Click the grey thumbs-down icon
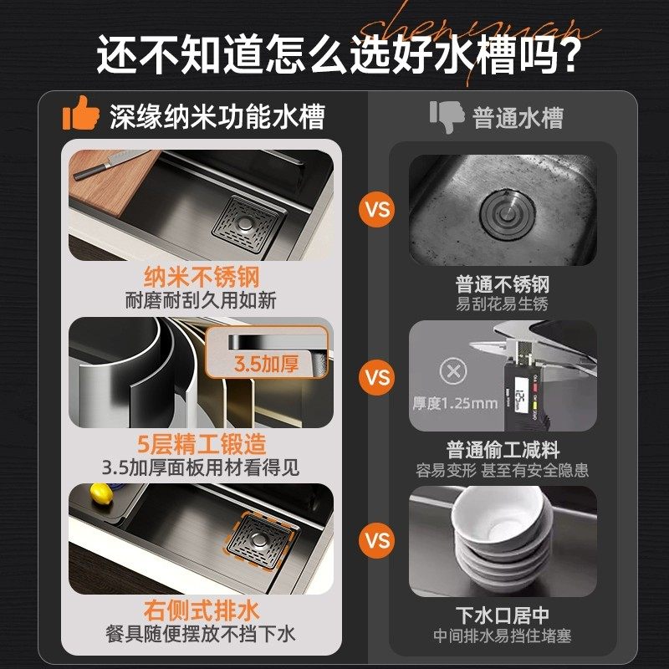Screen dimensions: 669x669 point(447,116)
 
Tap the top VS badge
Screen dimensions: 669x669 point(378,208)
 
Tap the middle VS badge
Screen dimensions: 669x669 point(378,377)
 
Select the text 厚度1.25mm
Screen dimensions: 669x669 point(455,404)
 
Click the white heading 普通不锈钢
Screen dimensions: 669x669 point(503,284)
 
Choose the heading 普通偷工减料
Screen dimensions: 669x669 point(503,450)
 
